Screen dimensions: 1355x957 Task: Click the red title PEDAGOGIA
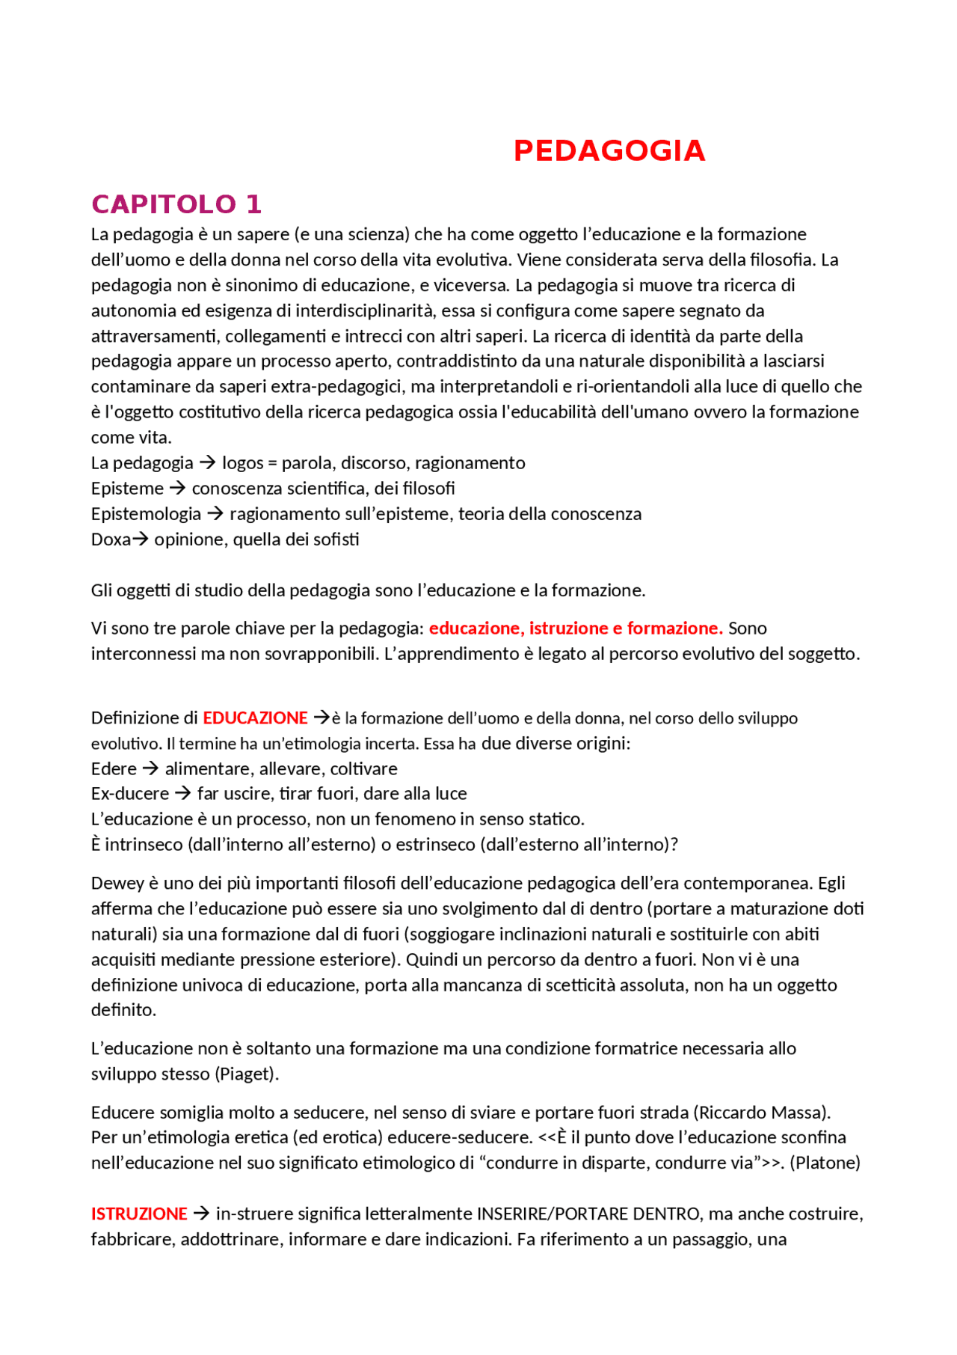tap(609, 151)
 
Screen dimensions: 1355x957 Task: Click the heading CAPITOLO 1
tap(176, 204)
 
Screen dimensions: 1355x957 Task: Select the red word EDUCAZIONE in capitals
tap(255, 718)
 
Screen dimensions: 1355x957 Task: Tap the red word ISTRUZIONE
tap(139, 1214)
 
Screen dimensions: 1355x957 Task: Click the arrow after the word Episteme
tap(177, 489)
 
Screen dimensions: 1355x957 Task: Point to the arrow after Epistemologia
tap(215, 514)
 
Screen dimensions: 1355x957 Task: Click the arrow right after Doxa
tap(140, 539)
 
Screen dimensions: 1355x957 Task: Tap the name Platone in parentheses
tap(825, 1163)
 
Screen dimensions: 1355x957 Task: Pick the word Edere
tap(114, 769)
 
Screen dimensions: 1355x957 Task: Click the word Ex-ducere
tap(130, 794)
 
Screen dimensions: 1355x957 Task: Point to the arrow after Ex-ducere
tap(182, 794)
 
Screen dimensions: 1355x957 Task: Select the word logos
tap(243, 463)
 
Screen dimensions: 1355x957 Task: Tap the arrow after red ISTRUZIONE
tap(200, 1214)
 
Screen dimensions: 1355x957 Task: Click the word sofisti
tap(337, 539)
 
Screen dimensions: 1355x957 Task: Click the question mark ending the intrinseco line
tap(674, 845)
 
